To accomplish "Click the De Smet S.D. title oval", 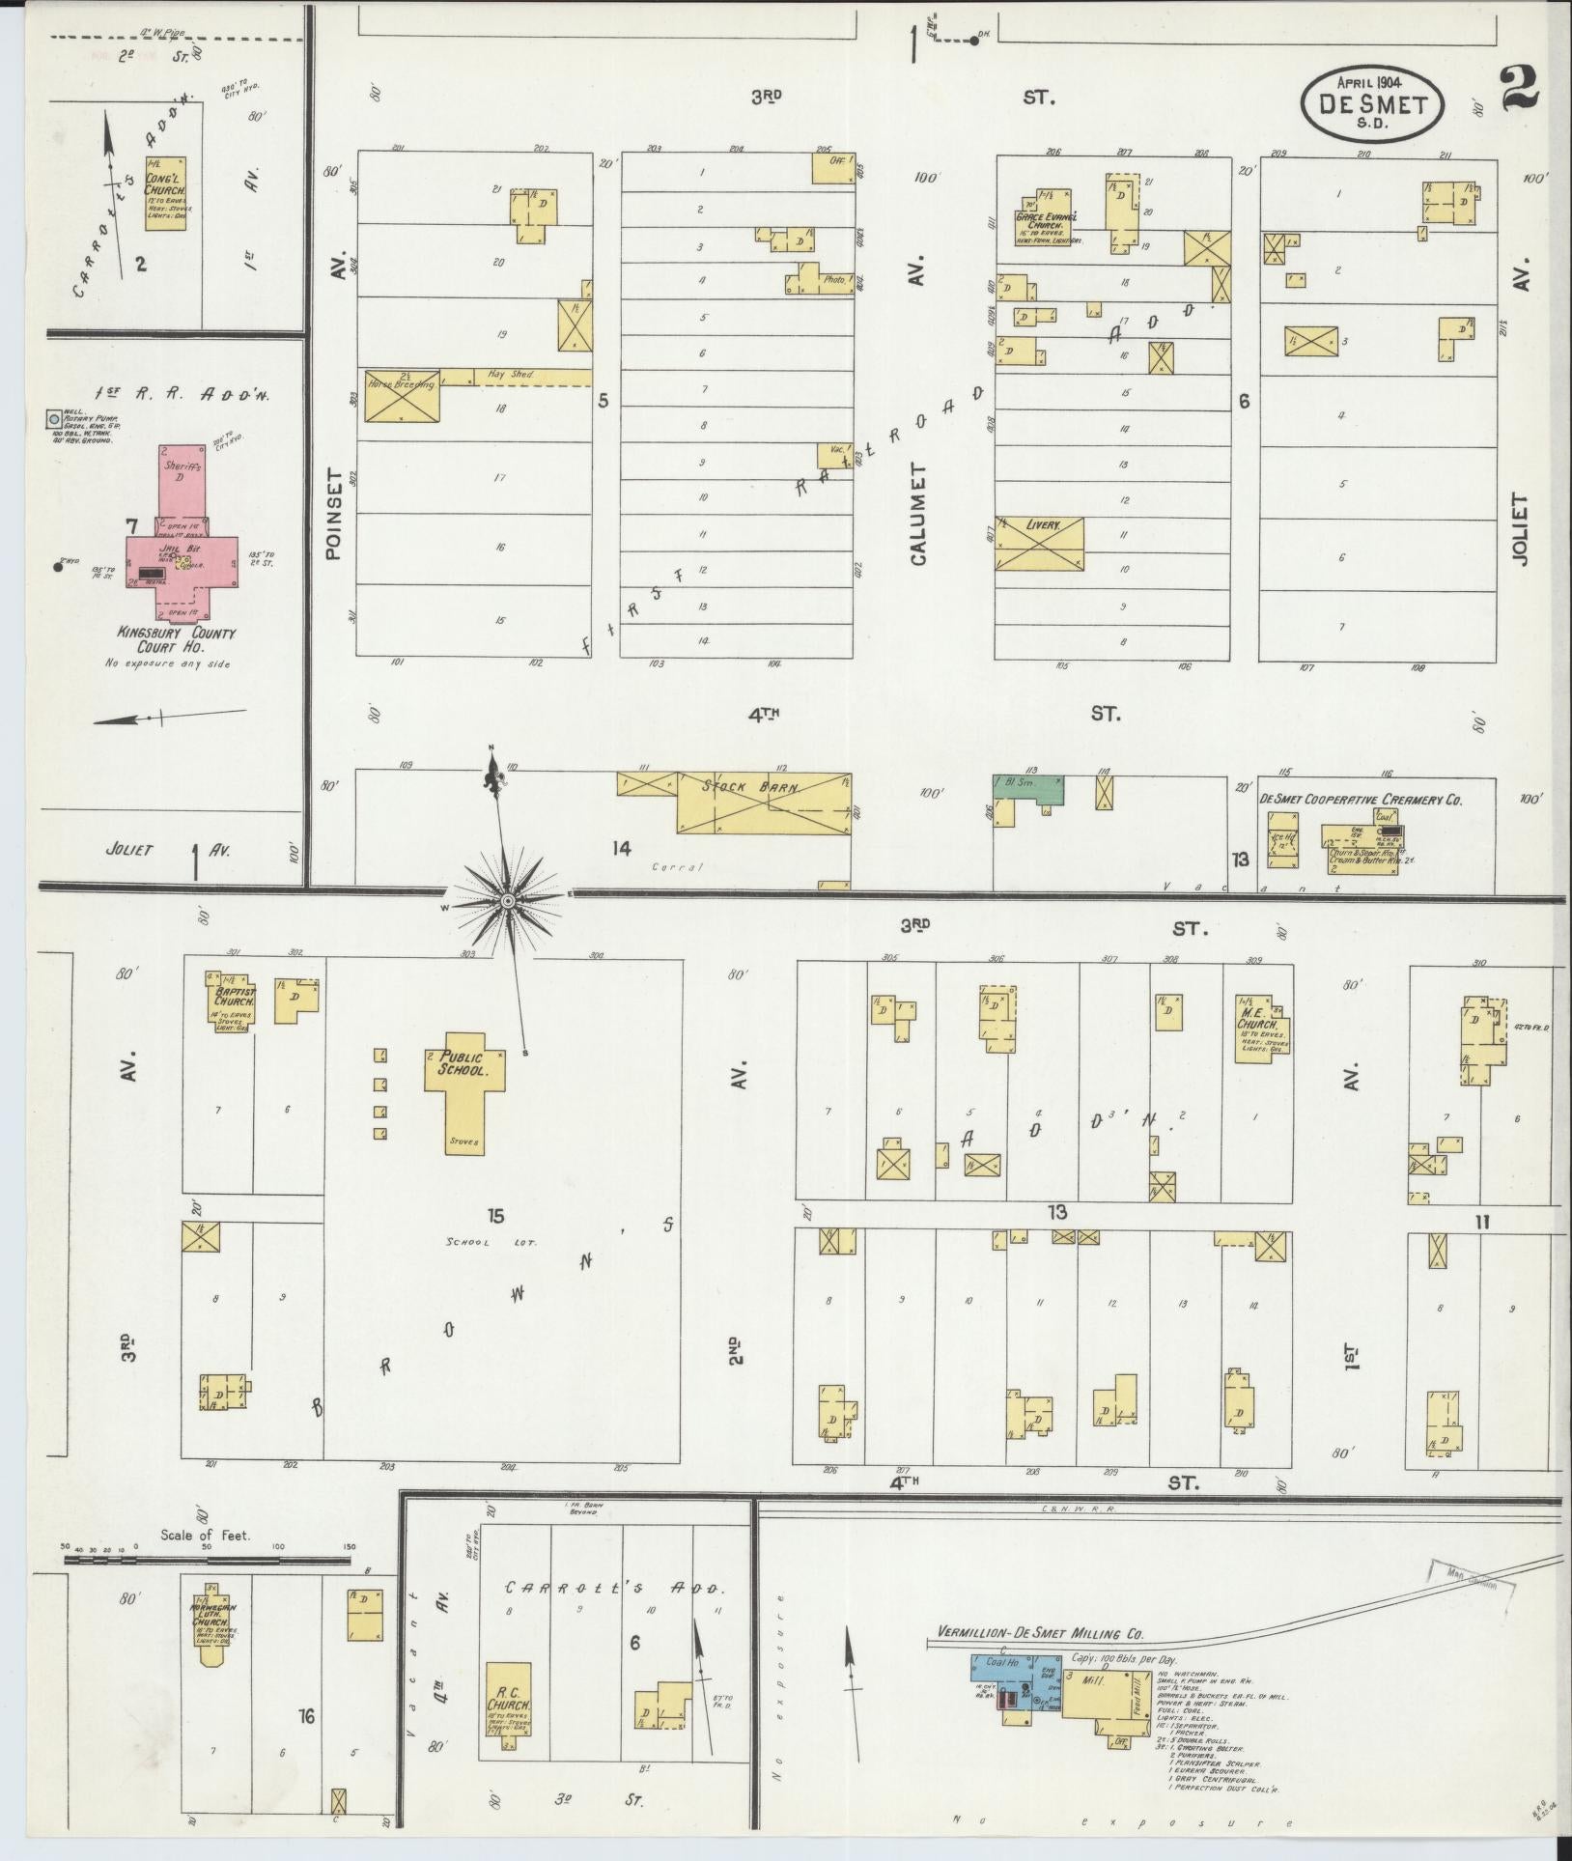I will [x=1371, y=103].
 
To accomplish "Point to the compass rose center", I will [x=506, y=901].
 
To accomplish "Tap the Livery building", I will [x=1039, y=544].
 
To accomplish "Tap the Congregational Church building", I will [x=166, y=193].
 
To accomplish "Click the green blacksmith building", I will [x=1029, y=789].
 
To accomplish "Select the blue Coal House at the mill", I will [x=1004, y=1662].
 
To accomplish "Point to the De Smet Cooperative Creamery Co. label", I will [x=1361, y=799].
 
